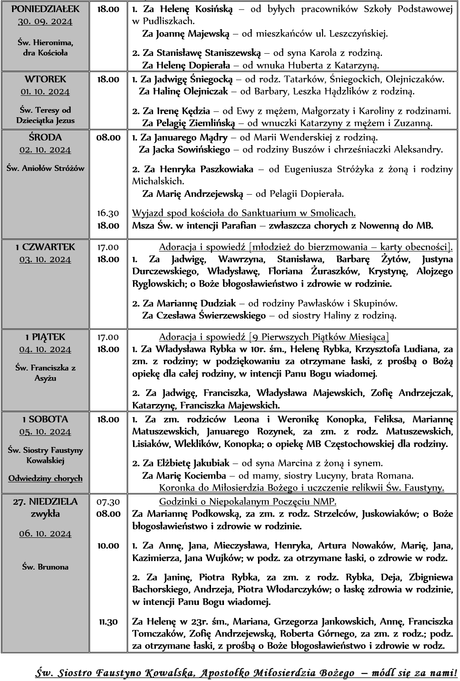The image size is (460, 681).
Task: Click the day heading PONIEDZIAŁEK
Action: click(45, 9)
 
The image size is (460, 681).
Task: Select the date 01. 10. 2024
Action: click(45, 92)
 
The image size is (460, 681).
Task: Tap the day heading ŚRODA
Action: click(45, 137)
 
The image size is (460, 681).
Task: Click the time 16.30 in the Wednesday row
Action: click(108, 213)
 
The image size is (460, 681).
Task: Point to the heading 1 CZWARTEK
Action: click(45, 247)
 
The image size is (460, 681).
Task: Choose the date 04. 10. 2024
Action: click(45, 349)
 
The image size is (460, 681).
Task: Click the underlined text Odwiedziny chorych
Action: click(45, 478)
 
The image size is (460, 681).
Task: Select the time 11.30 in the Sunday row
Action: click(108, 621)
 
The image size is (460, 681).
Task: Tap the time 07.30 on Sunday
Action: click(108, 502)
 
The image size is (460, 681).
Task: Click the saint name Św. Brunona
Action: click(45, 567)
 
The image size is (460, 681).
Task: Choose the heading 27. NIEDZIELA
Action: click(45, 502)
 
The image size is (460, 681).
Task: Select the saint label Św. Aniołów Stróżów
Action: click(45, 168)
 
